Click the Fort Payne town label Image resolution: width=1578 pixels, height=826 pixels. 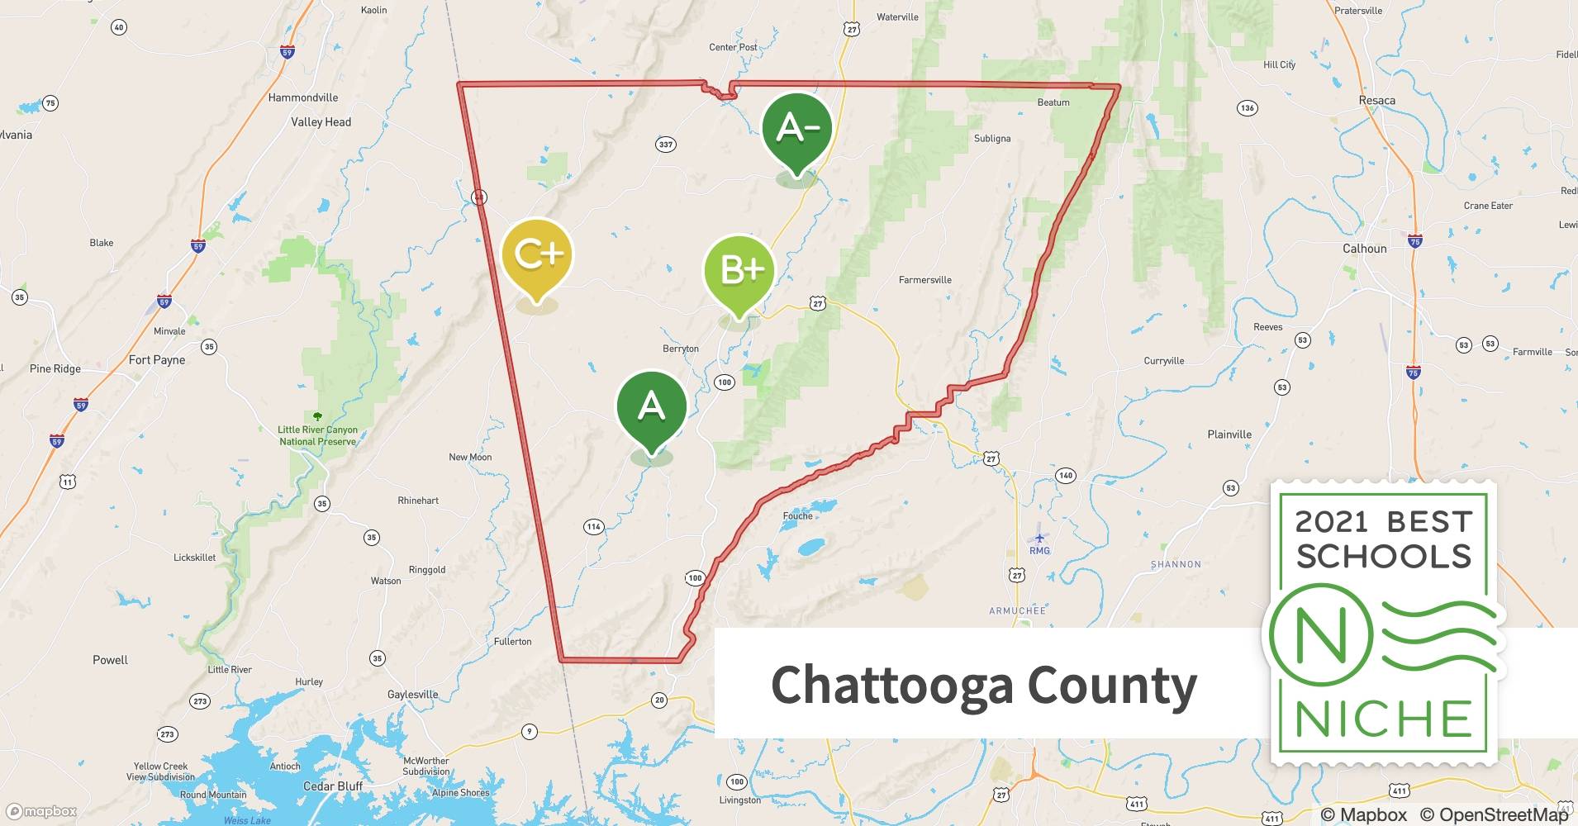pyautogui.click(x=157, y=360)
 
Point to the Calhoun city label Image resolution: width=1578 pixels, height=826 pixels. pyautogui.click(x=1364, y=249)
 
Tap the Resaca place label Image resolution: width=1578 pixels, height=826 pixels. pyautogui.click(x=1376, y=101)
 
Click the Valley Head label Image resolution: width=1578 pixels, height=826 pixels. pyautogui.click(x=321, y=122)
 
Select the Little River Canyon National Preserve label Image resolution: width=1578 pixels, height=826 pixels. pyautogui.click(x=317, y=435)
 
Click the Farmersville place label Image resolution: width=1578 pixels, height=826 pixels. pyautogui.click(x=924, y=280)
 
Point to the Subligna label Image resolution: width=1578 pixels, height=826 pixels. pyautogui.click(x=991, y=139)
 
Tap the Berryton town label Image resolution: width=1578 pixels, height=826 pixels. pyautogui.click(x=680, y=349)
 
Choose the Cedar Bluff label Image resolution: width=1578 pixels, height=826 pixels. pyautogui.click(x=332, y=786)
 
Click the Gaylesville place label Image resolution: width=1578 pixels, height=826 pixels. pyautogui.click(x=412, y=695)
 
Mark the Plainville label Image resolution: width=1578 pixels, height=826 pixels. pyautogui.click(x=1229, y=434)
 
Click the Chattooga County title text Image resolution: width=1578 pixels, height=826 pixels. pyautogui.click(x=983, y=685)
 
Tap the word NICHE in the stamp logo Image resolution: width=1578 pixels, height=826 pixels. pyautogui.click(x=1383, y=719)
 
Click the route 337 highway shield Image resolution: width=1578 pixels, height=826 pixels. pyautogui.click(x=665, y=145)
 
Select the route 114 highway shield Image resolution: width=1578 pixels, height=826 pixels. pyautogui.click(x=593, y=527)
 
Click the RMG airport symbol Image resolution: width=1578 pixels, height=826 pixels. pyautogui.click(x=1039, y=539)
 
